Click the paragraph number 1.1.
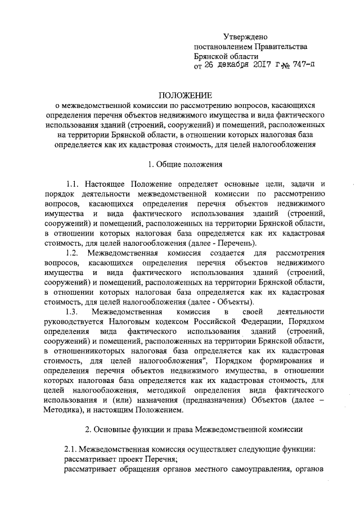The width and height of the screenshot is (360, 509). tap(73, 184)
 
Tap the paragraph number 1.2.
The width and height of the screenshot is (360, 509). tap(73, 254)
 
